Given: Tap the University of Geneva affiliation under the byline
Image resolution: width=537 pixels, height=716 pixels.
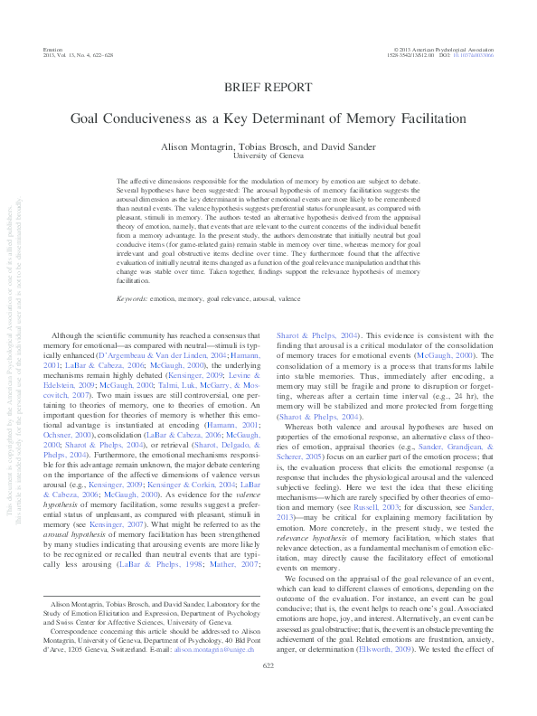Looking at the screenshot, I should pos(268,155).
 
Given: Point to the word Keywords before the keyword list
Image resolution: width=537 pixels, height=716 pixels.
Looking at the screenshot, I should pos(133,297).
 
